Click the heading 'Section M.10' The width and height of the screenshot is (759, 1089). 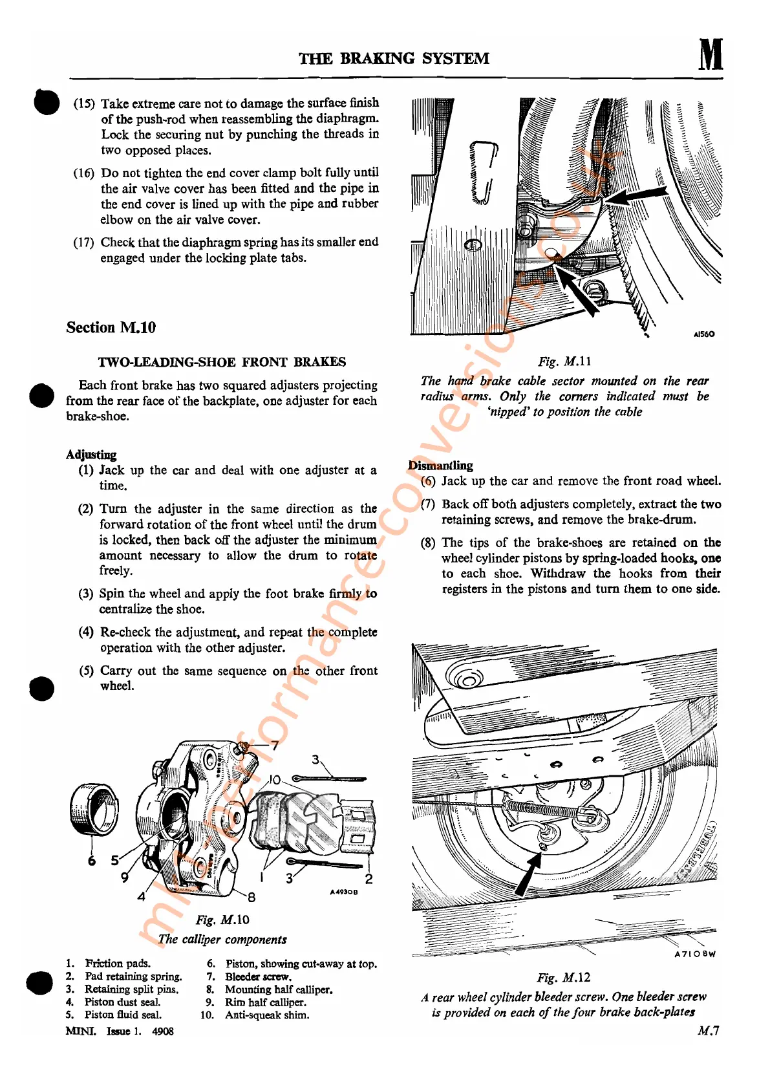click(111, 328)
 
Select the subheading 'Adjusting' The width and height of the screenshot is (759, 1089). click(91, 455)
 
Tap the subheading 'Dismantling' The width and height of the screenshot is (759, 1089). click(440, 466)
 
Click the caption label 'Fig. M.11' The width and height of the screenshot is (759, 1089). click(564, 361)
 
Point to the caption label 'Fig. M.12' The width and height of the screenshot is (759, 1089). click(563, 978)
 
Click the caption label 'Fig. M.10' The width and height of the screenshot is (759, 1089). click(222, 920)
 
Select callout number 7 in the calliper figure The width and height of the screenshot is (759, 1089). click(275, 746)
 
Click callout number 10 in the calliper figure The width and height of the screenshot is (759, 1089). click(275, 780)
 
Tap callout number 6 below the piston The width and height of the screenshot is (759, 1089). click(92, 861)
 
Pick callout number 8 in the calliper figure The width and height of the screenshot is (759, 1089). click(251, 897)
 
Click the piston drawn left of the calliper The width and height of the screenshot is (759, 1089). click(94, 808)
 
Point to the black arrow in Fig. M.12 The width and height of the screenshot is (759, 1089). click(528, 874)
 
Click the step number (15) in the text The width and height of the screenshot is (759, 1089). click(84, 104)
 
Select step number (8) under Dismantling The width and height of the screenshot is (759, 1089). click(428, 543)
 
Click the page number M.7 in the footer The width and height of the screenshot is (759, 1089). click(708, 1031)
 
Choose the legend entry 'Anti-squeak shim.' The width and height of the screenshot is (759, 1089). click(267, 1015)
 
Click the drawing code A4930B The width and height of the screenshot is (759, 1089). click(343, 892)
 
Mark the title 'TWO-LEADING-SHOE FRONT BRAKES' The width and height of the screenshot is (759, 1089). click(222, 362)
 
